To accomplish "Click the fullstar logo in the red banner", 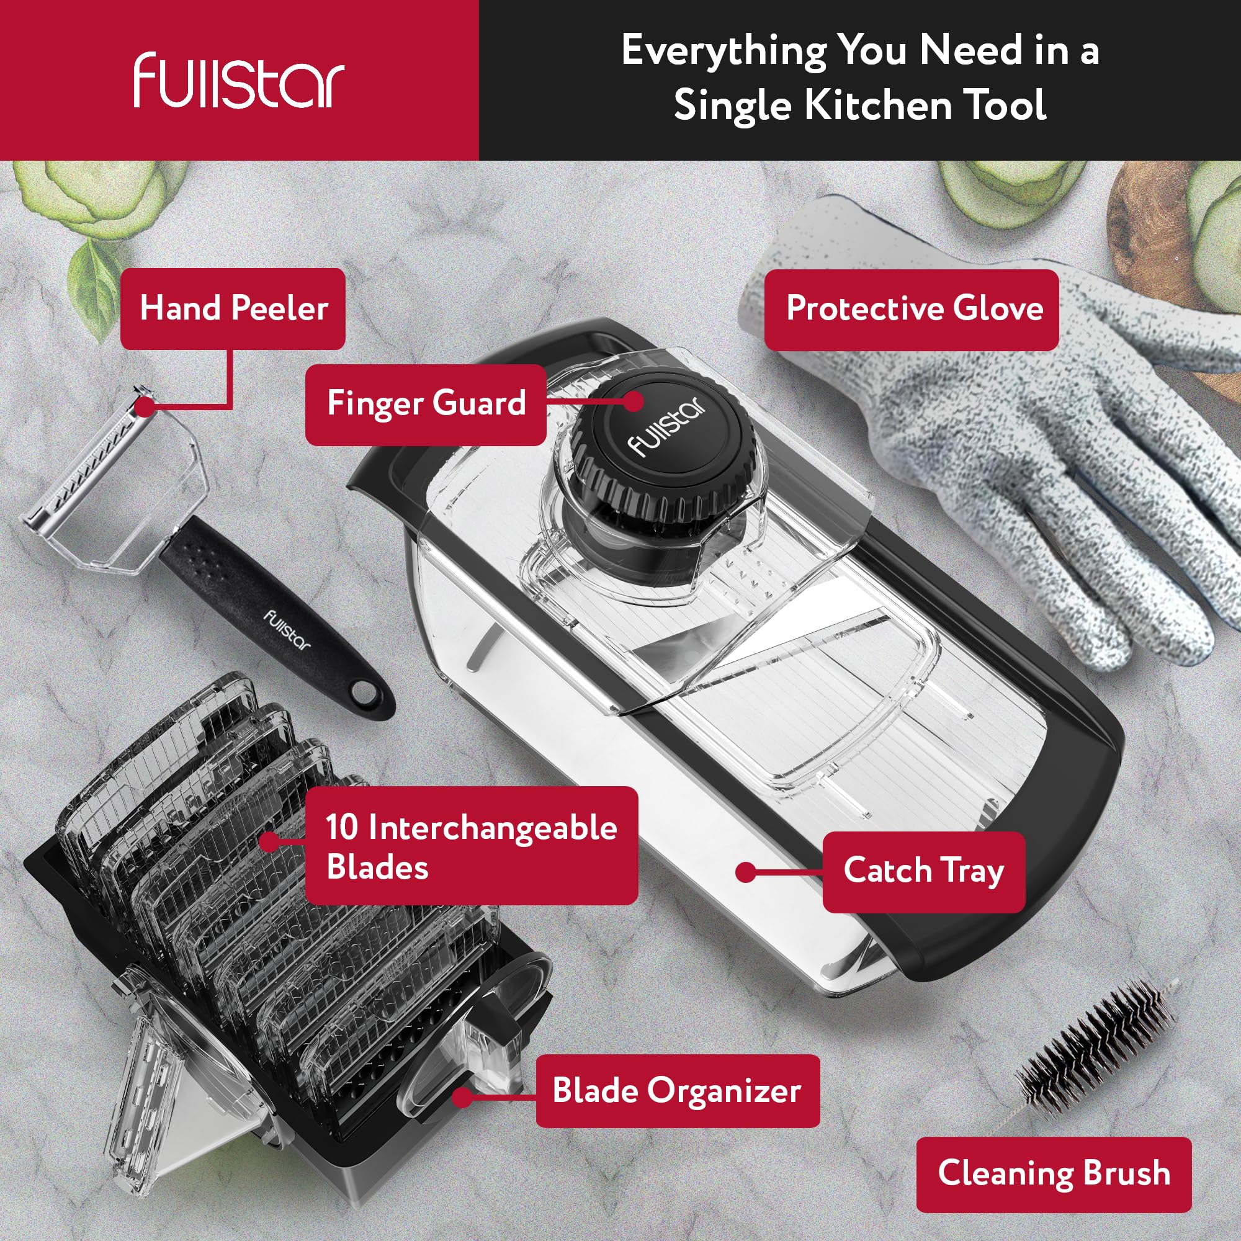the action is pos(239,81).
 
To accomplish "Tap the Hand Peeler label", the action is pos(233,309).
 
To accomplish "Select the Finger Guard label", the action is pos(426,405).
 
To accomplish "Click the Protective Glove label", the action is pos(912,310).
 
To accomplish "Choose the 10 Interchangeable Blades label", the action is pos(472,845).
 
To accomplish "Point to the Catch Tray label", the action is pos(924,872).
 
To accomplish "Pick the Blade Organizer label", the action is pos(678,1091).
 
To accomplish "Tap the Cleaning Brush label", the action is pos(1054,1173).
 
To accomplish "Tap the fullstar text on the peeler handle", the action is pos(288,629).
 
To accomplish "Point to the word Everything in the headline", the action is pos(724,52).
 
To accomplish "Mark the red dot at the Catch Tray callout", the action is pos(745,872).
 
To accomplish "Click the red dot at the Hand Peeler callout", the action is pos(146,406).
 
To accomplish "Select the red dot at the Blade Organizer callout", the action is pos(462,1097).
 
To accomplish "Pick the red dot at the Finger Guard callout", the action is pos(634,401).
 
